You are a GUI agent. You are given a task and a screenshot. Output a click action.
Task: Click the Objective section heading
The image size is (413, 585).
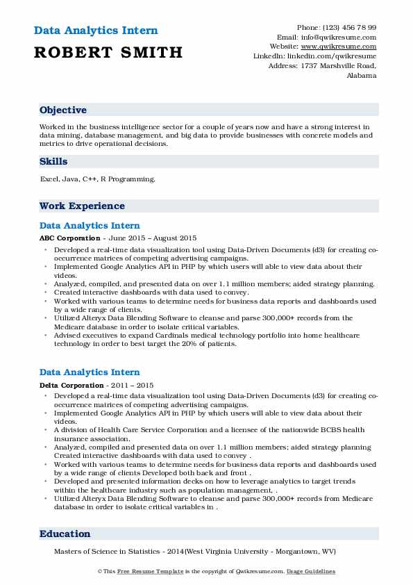click(x=63, y=110)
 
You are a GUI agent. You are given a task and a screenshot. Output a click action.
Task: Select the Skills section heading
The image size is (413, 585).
click(x=53, y=161)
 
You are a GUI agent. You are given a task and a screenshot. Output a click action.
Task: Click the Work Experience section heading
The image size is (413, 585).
click(x=82, y=206)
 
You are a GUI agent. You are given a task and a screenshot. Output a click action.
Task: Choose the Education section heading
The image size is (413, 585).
click(x=65, y=534)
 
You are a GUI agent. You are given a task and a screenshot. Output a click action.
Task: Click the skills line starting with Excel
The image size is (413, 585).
click(x=98, y=179)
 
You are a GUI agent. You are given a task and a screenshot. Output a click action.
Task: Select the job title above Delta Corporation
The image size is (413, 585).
click(x=90, y=372)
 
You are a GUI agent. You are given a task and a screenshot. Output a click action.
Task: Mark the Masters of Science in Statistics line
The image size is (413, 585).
click(x=194, y=552)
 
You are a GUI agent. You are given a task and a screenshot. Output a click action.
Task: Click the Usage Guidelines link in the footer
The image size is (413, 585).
click(x=312, y=571)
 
